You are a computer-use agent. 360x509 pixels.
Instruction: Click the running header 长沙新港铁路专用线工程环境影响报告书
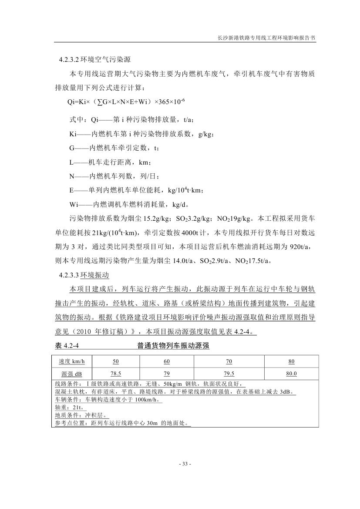point(266,38)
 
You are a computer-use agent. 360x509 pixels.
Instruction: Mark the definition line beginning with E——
point(137,190)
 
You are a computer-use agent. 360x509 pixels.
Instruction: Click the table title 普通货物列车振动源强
point(173,346)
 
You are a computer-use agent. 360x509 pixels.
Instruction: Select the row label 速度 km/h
point(72,361)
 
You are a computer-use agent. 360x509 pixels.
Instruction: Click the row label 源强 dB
point(72,374)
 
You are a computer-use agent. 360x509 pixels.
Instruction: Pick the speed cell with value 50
point(116,361)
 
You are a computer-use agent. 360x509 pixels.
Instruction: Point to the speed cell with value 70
point(229,361)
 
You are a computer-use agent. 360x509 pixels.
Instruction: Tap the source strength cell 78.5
point(116,374)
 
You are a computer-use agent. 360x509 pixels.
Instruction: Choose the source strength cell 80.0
point(291,374)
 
